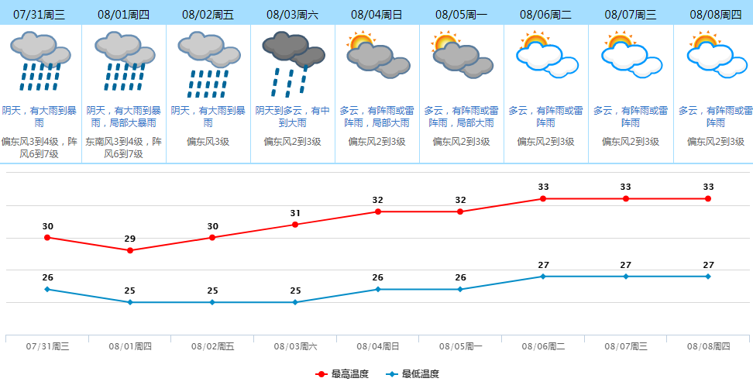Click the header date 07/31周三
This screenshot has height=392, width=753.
pos(40,15)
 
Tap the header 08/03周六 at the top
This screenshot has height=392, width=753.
pos(292,15)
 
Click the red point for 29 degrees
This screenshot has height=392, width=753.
pos(130,250)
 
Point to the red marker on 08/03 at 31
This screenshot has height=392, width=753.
pos(295,225)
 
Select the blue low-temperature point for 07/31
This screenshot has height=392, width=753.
pos(47,289)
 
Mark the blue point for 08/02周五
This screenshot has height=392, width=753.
pos(212,302)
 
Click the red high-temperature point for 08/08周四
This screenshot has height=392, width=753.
pos(708,198)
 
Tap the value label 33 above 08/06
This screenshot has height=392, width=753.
pos(543,187)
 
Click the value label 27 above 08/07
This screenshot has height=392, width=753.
pos(626,265)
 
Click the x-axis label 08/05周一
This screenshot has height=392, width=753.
pos(460,346)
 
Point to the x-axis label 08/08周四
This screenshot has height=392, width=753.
pos(708,346)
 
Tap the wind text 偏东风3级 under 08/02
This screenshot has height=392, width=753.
pos(208,142)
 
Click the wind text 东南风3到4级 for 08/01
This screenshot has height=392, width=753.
pos(123,142)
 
